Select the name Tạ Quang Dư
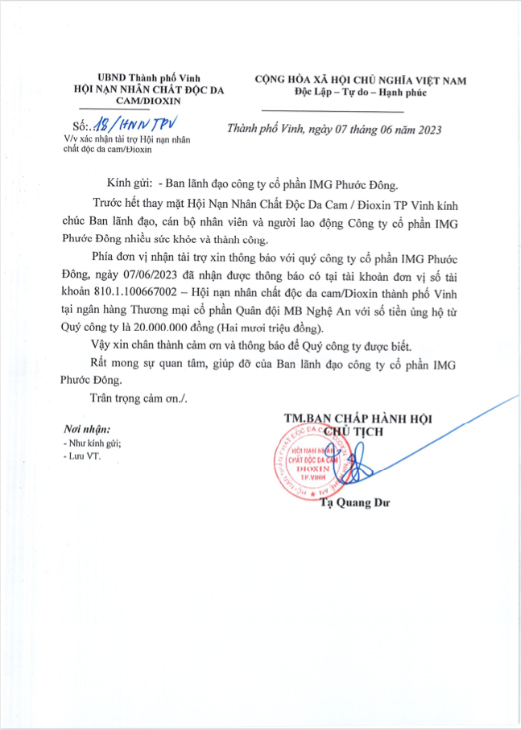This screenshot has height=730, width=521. tap(354, 504)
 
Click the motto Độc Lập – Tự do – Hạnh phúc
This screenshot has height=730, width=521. tap(360, 93)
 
